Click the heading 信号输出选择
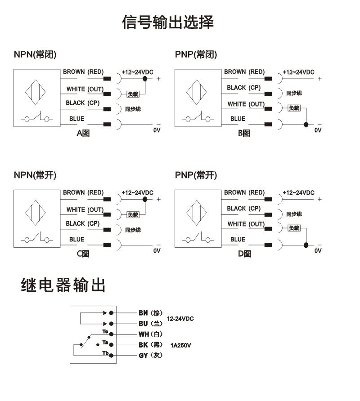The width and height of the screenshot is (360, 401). [x=168, y=22]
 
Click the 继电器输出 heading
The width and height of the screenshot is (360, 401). [x=63, y=285]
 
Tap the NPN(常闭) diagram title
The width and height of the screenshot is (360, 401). [x=35, y=55]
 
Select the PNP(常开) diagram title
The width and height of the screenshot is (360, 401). [x=196, y=175]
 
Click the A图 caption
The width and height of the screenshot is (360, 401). [x=83, y=133]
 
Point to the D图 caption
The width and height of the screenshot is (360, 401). [x=244, y=254]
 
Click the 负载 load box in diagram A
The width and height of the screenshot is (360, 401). [x=133, y=94]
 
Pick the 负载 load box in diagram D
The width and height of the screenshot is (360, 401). [x=294, y=228]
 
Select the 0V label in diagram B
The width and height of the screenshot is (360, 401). [x=318, y=130]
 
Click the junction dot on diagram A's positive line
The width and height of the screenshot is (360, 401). [x=145, y=79]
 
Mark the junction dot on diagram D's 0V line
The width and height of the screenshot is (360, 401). [x=306, y=245]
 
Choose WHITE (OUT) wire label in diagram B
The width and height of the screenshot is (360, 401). [x=246, y=104]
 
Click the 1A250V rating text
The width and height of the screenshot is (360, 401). [x=181, y=345]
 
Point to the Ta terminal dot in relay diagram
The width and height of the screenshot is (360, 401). [x=111, y=345]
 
